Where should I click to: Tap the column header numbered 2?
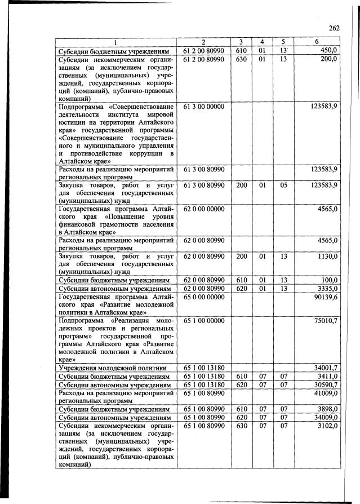203,43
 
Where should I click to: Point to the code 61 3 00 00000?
204,106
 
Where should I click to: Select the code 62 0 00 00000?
204,209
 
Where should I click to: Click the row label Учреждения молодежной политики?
114,368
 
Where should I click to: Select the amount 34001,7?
325,368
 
